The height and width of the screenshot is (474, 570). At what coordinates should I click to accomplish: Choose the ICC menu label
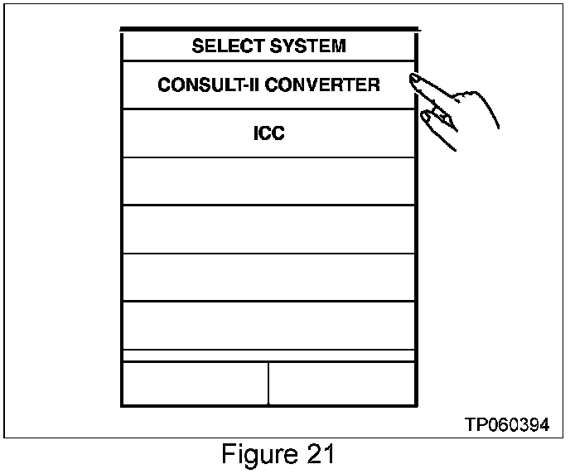(268, 133)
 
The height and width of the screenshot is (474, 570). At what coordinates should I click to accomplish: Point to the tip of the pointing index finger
(413, 78)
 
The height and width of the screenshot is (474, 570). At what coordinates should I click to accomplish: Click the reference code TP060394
(506, 424)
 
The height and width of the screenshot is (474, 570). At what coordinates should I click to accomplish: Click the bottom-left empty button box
(195, 383)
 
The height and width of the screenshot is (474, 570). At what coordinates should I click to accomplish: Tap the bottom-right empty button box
(341, 383)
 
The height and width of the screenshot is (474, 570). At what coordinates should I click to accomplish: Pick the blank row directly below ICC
(268, 181)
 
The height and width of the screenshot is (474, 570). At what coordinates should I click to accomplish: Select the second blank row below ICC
(268, 230)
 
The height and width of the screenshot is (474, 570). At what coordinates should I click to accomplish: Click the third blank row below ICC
(268, 278)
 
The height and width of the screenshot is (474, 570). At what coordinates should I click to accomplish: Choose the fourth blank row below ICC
(268, 325)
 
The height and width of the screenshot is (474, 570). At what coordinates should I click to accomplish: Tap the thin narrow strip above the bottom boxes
(268, 355)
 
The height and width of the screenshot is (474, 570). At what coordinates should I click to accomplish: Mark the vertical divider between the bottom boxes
(268, 383)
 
